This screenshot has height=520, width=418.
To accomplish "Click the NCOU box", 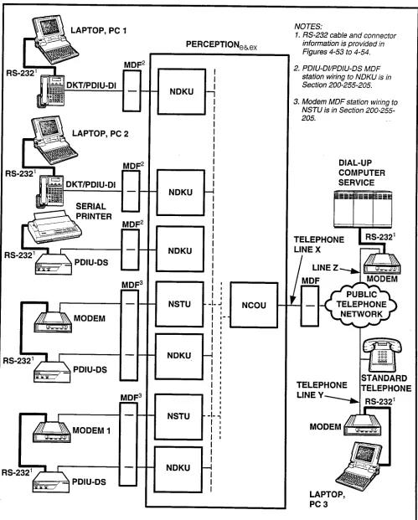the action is tap(254, 305).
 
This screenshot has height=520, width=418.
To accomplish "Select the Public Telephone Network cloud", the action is tap(361, 304).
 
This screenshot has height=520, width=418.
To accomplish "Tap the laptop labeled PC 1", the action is tap(54, 39).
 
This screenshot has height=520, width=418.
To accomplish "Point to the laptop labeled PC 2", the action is tap(54, 140).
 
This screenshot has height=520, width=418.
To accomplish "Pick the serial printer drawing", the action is tap(54, 226).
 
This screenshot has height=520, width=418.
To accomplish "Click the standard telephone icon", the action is tap(381, 354).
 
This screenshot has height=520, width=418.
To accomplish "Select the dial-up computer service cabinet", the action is tap(363, 209).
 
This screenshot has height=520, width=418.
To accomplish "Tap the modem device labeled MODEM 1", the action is tap(52, 432).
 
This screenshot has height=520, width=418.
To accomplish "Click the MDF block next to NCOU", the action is tap(309, 306).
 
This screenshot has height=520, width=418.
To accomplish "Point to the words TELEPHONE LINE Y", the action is tap(322, 389).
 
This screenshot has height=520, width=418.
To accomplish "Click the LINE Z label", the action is tap(326, 268).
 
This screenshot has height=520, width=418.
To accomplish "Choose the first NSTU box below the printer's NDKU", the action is tap(179, 304).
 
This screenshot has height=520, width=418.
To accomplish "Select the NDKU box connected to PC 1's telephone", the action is tap(182, 91).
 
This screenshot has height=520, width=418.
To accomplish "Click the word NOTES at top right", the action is tap(308, 27).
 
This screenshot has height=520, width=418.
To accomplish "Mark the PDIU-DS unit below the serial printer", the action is tap(54, 265).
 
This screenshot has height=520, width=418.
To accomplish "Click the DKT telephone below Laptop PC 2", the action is tap(50, 192).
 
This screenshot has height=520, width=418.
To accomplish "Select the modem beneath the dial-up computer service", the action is tap(382, 264).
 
